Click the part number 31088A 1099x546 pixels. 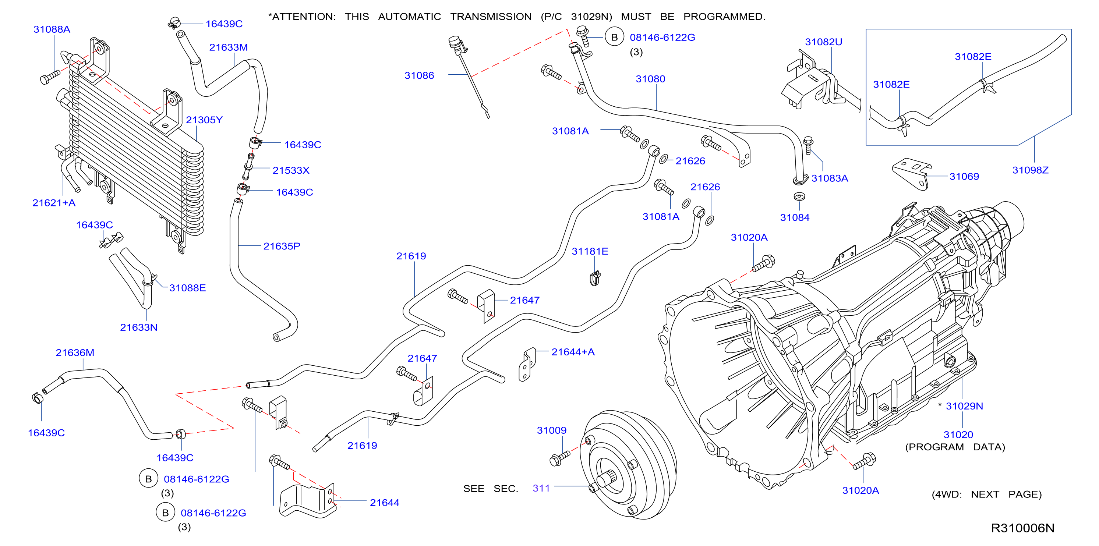point(52,29)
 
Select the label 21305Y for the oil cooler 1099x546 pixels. point(204,120)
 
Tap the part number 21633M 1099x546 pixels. point(228,47)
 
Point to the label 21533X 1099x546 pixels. point(291,171)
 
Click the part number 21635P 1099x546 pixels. point(282,246)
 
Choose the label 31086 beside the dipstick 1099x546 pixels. point(419,75)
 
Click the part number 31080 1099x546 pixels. point(650,79)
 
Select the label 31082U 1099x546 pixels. point(823,42)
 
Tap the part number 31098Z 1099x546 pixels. point(1030,170)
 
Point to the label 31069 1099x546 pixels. point(964,177)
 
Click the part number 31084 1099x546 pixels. point(794,217)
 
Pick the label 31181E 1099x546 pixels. point(590,251)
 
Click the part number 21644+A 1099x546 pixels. point(573,352)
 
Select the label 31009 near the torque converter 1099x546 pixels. point(551,430)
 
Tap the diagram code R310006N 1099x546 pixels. point(1022,528)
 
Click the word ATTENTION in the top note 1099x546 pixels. point(303,17)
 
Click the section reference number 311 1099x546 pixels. point(541,488)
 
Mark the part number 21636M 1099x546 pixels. point(75,353)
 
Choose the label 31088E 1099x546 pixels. point(187,288)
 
